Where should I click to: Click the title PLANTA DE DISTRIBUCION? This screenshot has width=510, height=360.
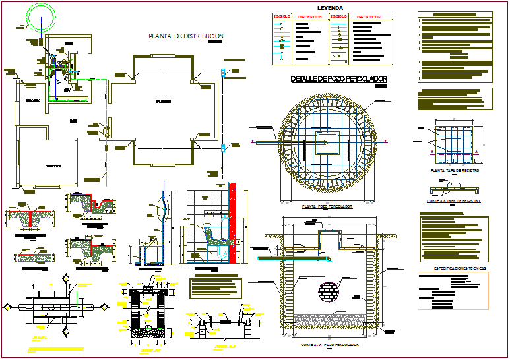tap(186, 36)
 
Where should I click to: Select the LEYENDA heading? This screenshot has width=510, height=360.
tap(331, 9)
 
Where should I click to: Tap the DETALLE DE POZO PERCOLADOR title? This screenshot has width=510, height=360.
tap(338, 79)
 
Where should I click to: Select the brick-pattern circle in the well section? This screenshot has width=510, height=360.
tap(328, 291)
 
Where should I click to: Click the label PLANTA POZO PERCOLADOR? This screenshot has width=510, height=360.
tap(326, 207)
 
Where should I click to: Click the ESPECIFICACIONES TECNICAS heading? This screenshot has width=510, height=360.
tap(456, 269)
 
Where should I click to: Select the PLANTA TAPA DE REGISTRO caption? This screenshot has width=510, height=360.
tap(454, 171)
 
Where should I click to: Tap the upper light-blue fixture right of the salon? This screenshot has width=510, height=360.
tap(224, 74)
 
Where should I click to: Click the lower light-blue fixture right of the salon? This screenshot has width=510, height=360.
tap(224, 148)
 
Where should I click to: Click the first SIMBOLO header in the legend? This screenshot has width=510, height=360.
tap(282, 16)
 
